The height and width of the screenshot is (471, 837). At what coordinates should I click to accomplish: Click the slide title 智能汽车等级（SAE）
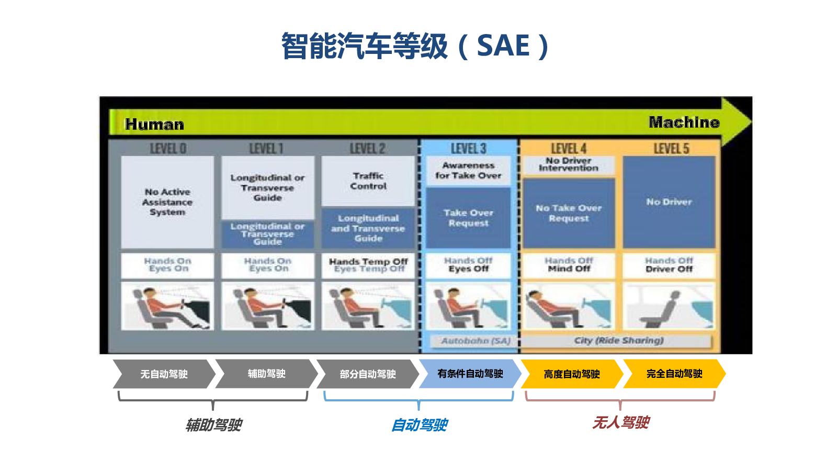(x=416, y=46)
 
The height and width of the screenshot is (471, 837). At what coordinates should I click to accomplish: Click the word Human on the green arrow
(x=154, y=124)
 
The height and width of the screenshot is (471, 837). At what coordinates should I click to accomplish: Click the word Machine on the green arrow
(x=684, y=122)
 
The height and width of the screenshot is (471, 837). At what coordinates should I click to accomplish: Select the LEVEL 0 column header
(x=168, y=149)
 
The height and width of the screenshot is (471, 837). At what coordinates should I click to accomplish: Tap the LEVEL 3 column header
(x=468, y=149)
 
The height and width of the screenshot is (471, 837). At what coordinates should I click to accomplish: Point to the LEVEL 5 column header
(x=671, y=149)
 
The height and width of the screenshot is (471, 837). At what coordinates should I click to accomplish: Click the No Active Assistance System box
(x=167, y=201)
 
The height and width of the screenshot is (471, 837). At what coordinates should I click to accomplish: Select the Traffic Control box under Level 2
(x=368, y=181)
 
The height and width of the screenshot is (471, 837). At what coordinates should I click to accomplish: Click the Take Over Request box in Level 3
(x=468, y=218)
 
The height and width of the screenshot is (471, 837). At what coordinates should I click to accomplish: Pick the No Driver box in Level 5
(x=669, y=202)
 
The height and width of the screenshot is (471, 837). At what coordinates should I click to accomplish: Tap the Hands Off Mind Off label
(x=569, y=265)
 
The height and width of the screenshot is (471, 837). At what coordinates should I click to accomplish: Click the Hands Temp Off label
(x=368, y=265)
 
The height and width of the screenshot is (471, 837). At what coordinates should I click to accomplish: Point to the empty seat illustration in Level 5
(x=669, y=307)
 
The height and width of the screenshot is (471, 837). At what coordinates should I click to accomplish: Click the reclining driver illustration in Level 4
(x=569, y=307)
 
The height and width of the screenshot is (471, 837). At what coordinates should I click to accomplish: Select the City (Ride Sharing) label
(x=618, y=341)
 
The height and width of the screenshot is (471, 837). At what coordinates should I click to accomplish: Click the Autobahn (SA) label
(x=475, y=341)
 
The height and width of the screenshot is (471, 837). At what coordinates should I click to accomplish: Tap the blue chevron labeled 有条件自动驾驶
(x=469, y=374)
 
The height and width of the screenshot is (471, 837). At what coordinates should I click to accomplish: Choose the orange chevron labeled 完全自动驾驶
(x=674, y=374)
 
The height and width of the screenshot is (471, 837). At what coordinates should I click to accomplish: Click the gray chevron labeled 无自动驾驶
(x=164, y=374)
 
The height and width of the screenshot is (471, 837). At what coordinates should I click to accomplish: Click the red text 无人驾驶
(x=621, y=422)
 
